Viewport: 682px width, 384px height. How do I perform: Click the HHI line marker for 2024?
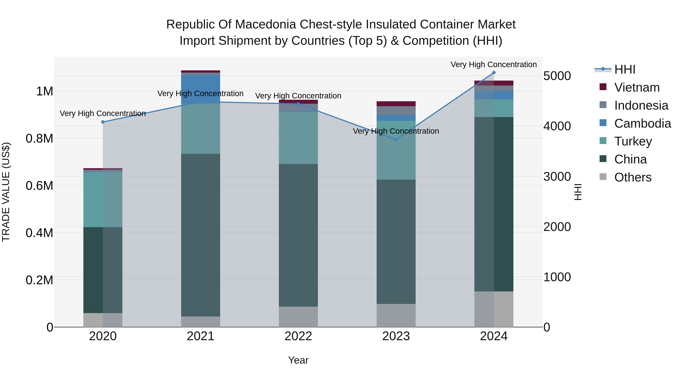tap(494, 73)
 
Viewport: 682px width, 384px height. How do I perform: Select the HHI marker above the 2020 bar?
tap(103, 122)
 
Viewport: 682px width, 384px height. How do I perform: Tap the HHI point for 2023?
tap(396, 140)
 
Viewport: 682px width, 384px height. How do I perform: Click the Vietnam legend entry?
tap(637, 87)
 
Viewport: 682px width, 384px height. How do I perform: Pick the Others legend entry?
tap(633, 177)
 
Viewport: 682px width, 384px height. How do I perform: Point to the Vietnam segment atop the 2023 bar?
tap(396, 104)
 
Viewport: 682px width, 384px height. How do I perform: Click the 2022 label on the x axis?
tap(298, 336)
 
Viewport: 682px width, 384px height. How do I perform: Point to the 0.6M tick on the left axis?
tap(39, 185)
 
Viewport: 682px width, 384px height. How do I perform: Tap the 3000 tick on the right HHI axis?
tap(557, 177)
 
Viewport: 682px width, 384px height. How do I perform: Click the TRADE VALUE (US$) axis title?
tap(6, 192)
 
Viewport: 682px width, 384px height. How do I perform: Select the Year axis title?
tap(298, 360)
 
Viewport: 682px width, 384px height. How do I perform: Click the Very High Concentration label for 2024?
tap(494, 64)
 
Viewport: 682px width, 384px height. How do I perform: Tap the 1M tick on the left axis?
tap(45, 91)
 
